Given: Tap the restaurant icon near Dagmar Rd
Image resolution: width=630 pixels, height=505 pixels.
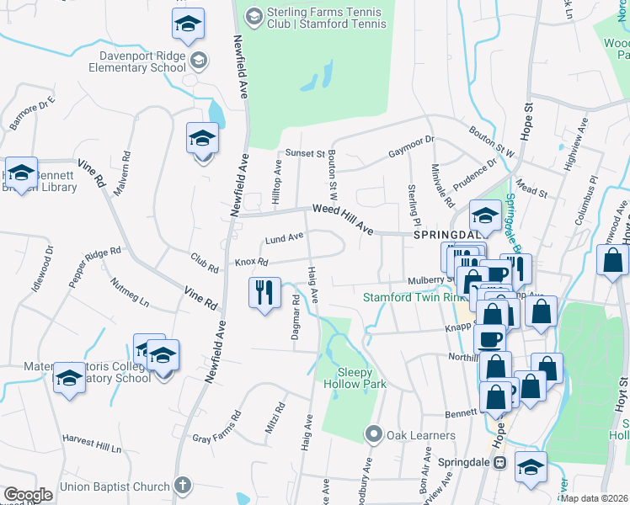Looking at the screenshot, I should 264,293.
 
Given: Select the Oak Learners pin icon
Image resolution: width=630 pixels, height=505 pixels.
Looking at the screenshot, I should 374,434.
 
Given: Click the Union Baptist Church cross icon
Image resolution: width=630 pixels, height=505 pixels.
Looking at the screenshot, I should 182,486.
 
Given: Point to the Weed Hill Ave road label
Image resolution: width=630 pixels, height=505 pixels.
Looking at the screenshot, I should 342,218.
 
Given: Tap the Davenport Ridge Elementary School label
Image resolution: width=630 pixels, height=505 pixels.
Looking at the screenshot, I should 141,61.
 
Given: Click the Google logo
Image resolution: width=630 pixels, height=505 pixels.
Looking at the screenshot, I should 28,495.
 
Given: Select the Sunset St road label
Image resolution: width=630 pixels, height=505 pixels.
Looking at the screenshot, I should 304,154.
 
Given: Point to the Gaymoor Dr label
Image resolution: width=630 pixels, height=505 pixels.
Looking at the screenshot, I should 410,146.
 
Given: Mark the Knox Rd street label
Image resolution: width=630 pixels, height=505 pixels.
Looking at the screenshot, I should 250,262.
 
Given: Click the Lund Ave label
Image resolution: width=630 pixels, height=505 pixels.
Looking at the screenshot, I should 284,239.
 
